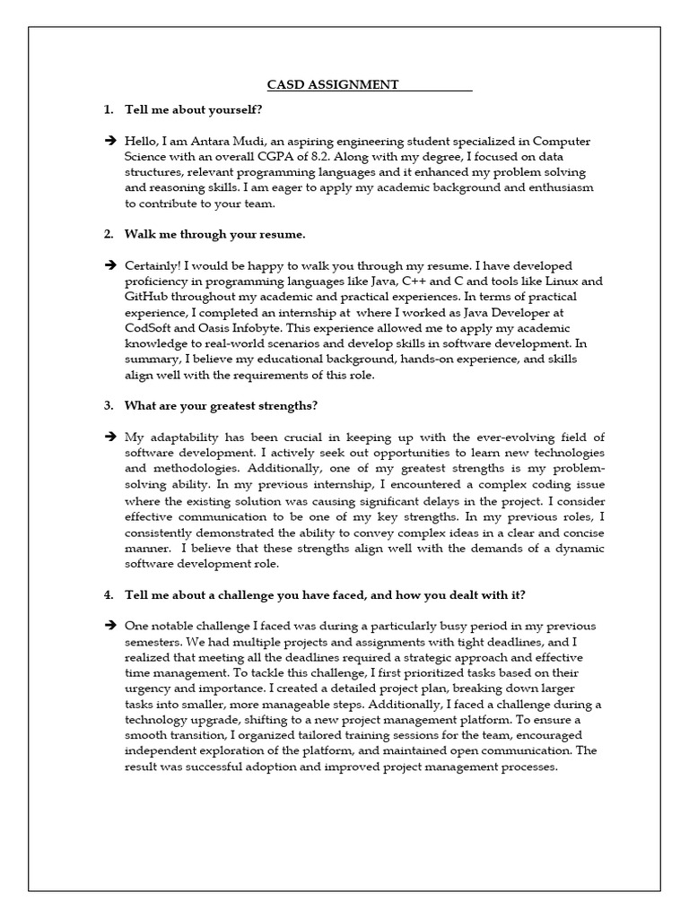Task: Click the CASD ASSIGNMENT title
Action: (x=333, y=85)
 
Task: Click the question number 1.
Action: (x=108, y=110)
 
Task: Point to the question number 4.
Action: (x=108, y=595)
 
